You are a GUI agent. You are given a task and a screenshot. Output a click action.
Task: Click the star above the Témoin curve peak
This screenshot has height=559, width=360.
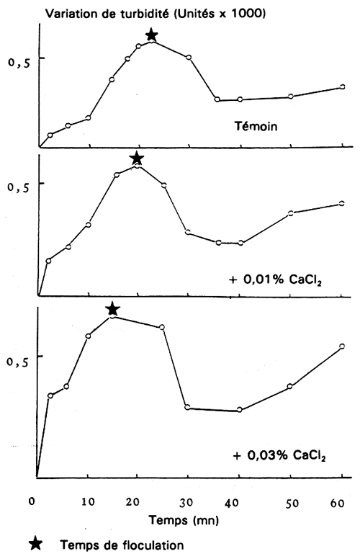coord(151,35)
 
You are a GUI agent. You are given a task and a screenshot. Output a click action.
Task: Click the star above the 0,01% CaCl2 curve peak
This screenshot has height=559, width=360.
coord(137,158)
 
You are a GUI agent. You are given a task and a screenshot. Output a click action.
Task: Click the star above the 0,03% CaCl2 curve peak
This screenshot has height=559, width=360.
coord(112,309)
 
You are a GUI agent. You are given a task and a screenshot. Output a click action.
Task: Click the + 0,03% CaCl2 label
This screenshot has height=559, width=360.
coord(279,456)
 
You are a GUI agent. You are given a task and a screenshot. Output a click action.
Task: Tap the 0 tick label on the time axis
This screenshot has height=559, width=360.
coord(32,499)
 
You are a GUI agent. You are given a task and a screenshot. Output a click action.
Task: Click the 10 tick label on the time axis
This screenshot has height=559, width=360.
coord(88,499)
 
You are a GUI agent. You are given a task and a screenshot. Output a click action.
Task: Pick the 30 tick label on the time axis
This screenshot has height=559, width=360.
coord(189,499)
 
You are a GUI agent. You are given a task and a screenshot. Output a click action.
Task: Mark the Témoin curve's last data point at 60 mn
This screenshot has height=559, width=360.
coord(342,87)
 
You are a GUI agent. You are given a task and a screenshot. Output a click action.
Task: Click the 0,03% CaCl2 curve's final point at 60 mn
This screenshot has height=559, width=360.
coord(342,346)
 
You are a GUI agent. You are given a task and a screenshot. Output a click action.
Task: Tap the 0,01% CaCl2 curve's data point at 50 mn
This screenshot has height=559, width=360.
coord(291,213)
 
